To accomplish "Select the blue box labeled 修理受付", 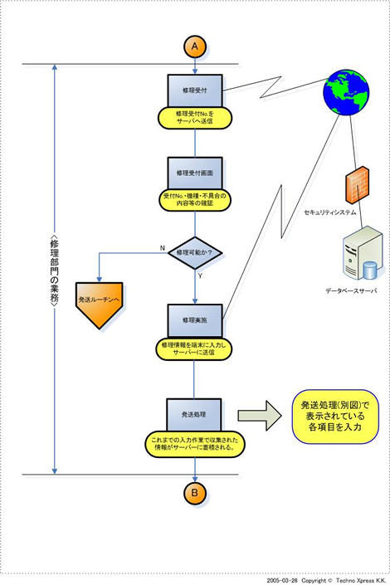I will (194, 87).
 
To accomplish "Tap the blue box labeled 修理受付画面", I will (194, 173).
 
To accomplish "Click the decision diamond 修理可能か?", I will (194, 251).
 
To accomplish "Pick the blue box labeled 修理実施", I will (194, 319).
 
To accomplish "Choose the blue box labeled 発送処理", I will (194, 412).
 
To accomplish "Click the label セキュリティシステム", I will (329, 213).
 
